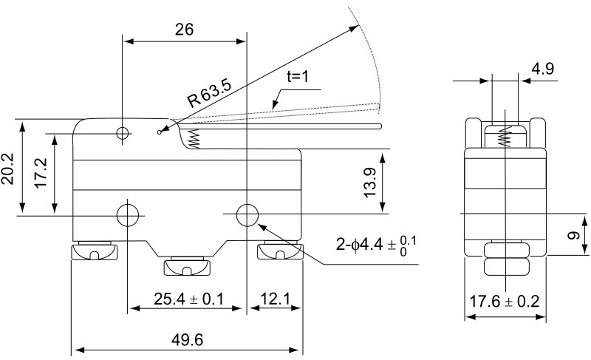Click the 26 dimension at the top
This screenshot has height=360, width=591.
coord(184,30)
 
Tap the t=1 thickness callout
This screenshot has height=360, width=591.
coord(299,76)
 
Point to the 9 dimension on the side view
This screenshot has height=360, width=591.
coord(572,237)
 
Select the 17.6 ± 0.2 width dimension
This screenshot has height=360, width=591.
coord(505,302)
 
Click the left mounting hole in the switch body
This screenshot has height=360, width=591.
coord(128,215)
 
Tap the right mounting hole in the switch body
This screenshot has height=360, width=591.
coord(247,215)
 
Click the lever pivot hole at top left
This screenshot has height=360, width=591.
coord(123,133)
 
